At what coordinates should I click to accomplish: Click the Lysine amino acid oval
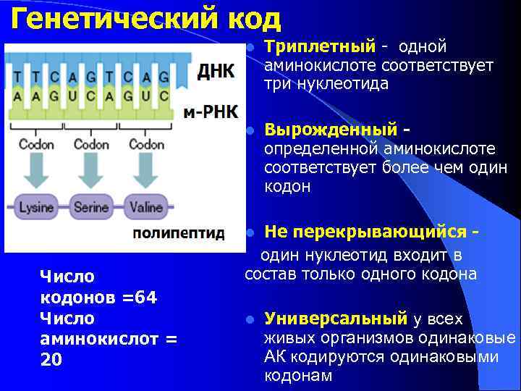click(x=36, y=207)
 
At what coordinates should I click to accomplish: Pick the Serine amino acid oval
click(x=91, y=207)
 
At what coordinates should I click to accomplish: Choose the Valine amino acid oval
click(x=145, y=207)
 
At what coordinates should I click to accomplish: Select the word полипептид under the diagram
click(x=179, y=233)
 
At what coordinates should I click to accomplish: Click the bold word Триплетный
click(x=320, y=47)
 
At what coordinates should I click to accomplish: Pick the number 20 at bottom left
click(x=51, y=360)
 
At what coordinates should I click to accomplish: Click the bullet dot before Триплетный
click(x=248, y=48)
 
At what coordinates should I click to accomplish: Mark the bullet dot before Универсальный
click(x=248, y=319)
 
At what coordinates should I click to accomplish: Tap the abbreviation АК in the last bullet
click(x=275, y=357)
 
